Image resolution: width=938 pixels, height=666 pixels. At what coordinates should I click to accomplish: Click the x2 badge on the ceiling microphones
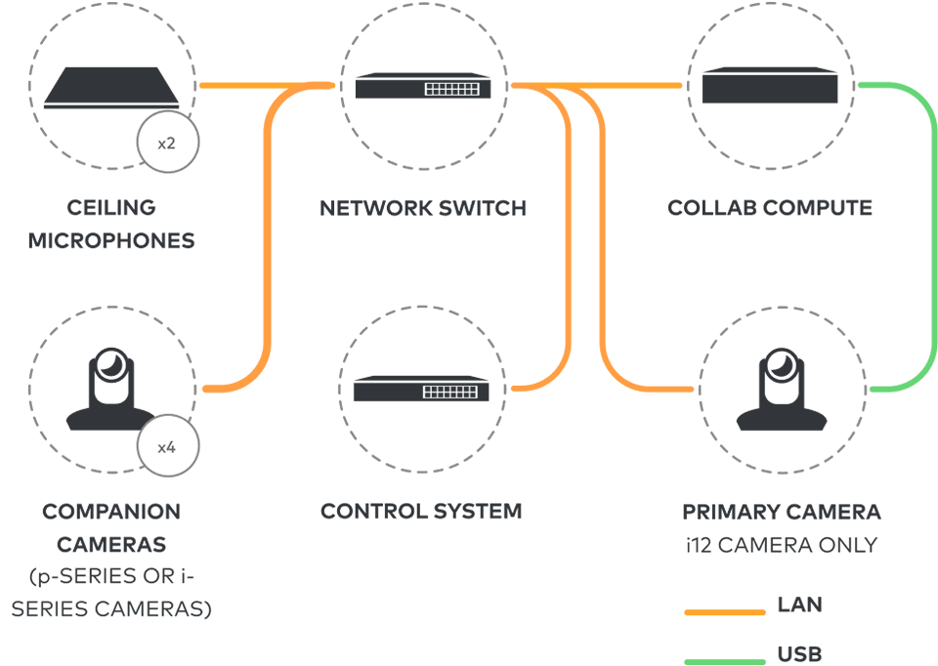[166, 144]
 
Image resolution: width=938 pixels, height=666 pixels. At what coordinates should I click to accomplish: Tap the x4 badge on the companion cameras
[166, 447]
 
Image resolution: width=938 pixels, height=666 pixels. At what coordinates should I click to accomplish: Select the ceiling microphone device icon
[112, 88]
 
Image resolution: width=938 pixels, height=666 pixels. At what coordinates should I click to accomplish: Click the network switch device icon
[422, 87]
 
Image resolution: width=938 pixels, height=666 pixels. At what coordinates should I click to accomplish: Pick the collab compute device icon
[771, 85]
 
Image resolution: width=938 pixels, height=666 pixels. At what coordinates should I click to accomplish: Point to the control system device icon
[422, 389]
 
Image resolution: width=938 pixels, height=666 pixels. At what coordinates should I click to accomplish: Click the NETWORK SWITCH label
[423, 208]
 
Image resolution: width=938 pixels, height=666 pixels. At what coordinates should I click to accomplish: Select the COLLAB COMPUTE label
[770, 208]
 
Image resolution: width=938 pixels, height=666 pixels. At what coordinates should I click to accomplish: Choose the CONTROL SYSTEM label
[421, 512]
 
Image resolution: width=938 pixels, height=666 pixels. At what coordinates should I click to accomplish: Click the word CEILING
[111, 208]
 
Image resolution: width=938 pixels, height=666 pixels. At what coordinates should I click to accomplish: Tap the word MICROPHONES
[111, 240]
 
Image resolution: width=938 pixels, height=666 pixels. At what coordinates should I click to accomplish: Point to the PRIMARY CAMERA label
[782, 512]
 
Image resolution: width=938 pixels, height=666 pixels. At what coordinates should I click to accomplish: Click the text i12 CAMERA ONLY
[782, 545]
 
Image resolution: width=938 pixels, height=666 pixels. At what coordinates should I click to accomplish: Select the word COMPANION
[111, 512]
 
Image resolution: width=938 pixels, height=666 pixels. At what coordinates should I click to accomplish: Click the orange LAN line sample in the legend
[724, 612]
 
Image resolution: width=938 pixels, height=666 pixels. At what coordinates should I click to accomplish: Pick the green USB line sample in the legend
[724, 661]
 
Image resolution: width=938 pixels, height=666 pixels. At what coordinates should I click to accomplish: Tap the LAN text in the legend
[799, 605]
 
